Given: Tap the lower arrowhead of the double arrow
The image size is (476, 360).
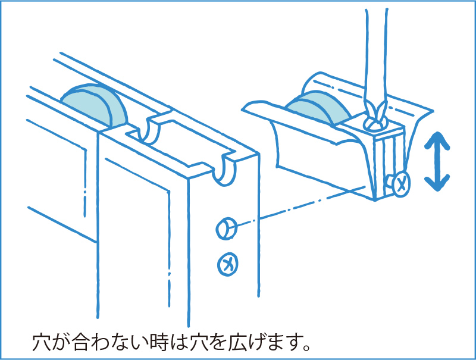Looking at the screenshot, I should [437, 181].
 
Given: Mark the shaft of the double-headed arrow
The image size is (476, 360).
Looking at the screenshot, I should [437, 162].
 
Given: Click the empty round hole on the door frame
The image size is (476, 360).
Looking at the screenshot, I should [227, 228].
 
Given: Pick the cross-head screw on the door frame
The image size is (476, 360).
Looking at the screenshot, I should [227, 262].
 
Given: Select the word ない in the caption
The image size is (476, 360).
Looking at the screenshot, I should [133, 343].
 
